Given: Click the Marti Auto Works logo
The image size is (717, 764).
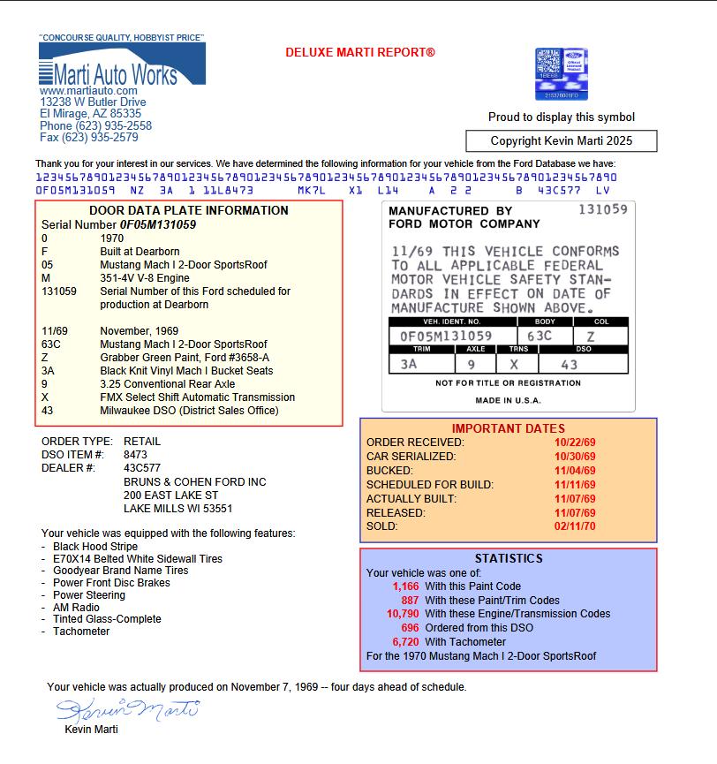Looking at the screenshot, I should [x=121, y=64].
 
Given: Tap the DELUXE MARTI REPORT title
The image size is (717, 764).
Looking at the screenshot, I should [x=360, y=53].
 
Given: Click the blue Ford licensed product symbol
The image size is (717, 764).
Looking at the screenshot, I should [x=562, y=74].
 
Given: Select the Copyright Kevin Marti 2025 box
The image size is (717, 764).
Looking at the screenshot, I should [x=562, y=141].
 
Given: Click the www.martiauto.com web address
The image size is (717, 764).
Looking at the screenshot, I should [x=88, y=91].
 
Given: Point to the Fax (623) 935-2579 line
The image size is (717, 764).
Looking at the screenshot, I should [x=88, y=138].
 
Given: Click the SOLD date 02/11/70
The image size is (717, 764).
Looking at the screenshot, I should [x=575, y=526].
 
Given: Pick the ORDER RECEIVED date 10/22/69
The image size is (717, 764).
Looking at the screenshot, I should [x=575, y=443].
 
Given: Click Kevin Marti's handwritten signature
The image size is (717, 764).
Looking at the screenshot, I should [x=128, y=709].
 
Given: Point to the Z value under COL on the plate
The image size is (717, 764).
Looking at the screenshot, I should [x=590, y=337].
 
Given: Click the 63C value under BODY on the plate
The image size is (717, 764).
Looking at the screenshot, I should [x=540, y=337].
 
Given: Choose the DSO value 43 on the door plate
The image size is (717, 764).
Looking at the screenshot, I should [x=570, y=364].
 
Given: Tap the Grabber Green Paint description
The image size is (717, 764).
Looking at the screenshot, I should [x=185, y=358].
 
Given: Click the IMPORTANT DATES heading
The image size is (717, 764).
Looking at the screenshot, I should [x=508, y=428].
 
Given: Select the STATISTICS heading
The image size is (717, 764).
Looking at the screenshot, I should [x=509, y=559].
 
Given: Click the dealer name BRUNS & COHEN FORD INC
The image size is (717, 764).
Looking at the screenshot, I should [x=194, y=482].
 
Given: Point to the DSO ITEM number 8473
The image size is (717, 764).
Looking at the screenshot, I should [x=135, y=455].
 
